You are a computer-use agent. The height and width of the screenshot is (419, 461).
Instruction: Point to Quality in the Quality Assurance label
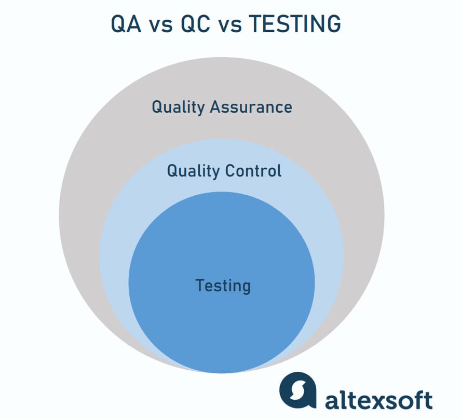click(x=178, y=107)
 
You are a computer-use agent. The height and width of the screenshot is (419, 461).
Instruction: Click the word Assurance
click(x=251, y=107)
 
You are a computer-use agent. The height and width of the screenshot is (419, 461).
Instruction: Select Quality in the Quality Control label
click(x=193, y=171)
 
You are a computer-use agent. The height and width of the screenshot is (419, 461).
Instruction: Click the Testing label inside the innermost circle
click(x=223, y=286)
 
